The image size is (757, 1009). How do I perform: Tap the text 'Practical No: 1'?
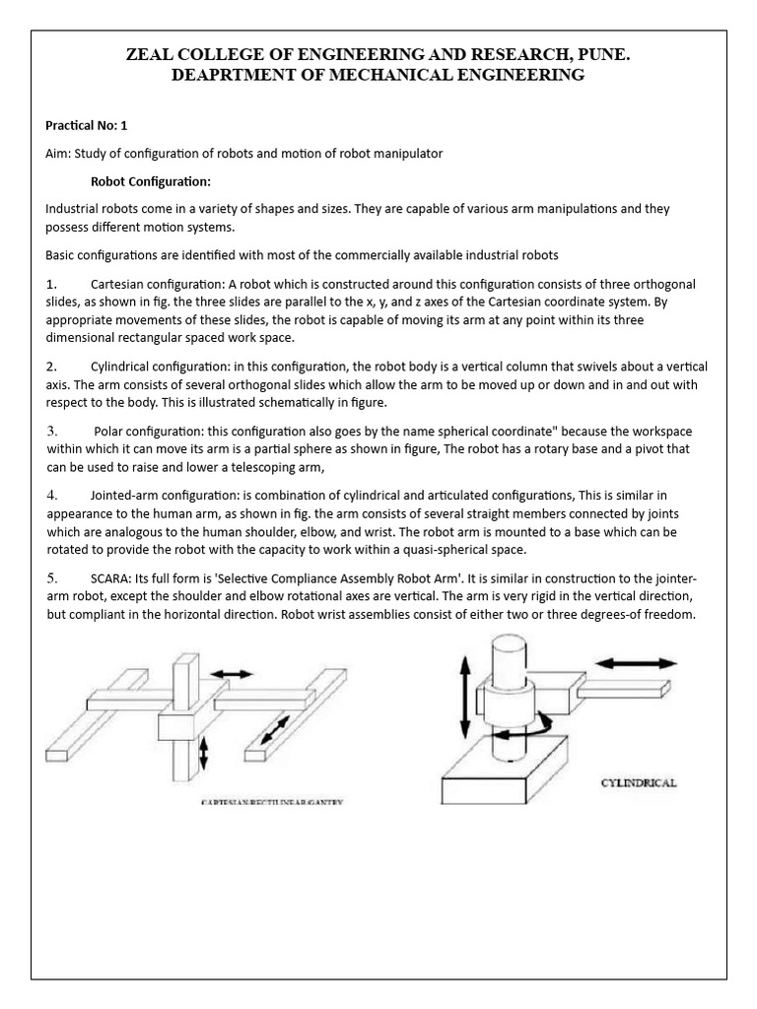pyautogui.click(x=87, y=126)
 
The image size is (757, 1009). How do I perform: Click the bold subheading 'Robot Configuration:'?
pyautogui.click(x=151, y=181)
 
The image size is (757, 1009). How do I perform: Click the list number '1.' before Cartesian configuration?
pyautogui.click(x=51, y=284)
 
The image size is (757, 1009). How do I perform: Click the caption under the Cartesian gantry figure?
pyautogui.click(x=272, y=804)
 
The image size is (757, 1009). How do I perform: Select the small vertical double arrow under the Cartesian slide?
pyautogui.click(x=204, y=755)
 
